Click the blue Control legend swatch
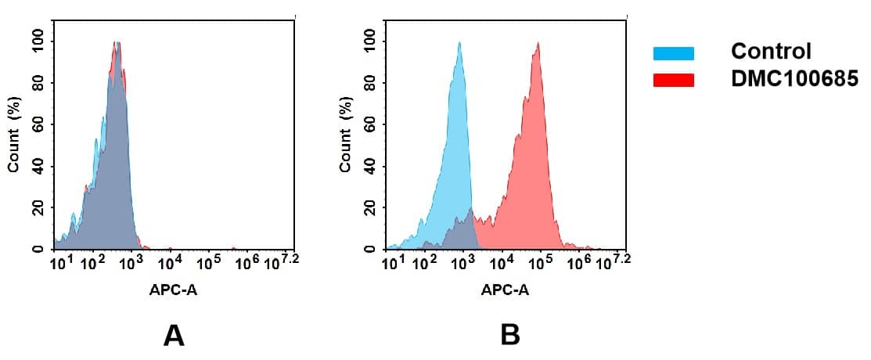tap(673, 53)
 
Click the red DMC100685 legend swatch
tap(673, 80)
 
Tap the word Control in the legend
tap(770, 52)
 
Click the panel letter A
tap(173, 335)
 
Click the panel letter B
tap(509, 335)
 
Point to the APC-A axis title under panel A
tap(174, 290)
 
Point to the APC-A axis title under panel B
tap(505, 290)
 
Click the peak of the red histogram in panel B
tap(537, 44)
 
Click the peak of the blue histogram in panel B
tap(459, 44)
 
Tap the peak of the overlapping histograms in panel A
tap(116, 44)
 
